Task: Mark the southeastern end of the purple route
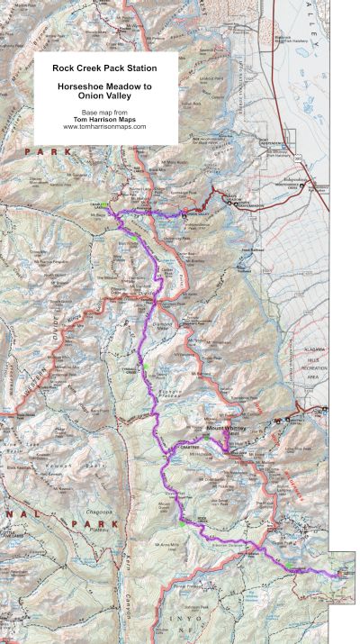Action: [338, 574]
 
